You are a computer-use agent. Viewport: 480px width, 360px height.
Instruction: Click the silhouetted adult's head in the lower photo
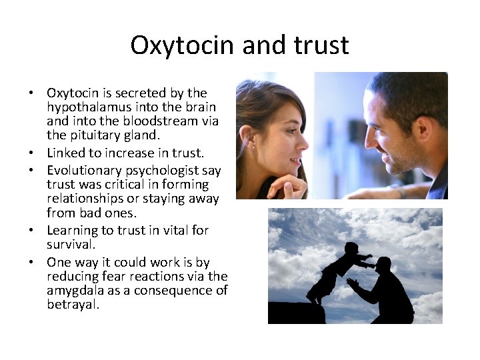pos(383,265)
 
